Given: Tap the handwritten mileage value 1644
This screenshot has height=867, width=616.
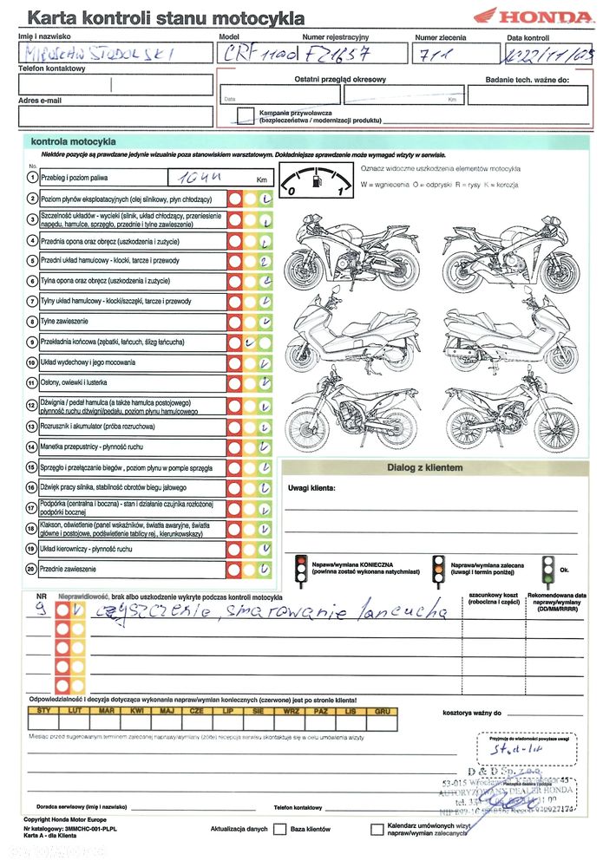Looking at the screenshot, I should [197, 179].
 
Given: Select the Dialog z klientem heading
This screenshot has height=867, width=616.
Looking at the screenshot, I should [424, 468].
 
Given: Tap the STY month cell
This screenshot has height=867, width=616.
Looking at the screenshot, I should [43, 711].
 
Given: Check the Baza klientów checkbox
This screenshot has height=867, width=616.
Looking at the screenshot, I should [280, 830].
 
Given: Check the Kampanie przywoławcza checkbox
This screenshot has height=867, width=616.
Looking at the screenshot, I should [246, 114].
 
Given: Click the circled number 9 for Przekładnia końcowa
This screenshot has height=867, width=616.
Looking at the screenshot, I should [32, 342].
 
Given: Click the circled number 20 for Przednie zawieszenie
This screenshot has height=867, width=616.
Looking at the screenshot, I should [32, 569].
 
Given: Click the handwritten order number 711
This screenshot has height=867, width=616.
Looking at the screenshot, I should [435, 54].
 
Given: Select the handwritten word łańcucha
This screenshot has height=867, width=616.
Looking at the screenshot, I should [404, 610].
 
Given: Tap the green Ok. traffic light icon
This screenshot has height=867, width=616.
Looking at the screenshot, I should [547, 569].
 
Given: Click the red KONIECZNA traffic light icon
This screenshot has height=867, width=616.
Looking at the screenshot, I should [300, 569].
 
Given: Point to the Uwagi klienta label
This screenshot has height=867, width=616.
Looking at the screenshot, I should [311, 488].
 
